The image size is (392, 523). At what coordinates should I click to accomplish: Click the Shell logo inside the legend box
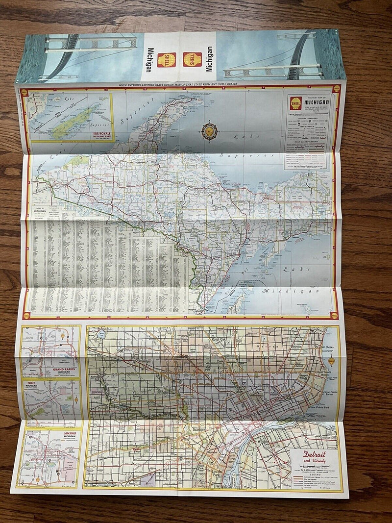(295, 103)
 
